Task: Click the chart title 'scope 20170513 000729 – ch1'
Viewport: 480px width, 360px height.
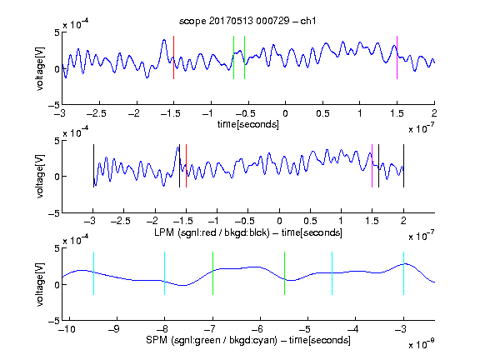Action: click(x=247, y=21)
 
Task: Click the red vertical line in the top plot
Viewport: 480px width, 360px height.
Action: click(x=174, y=57)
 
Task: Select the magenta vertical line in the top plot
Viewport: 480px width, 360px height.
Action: click(x=397, y=57)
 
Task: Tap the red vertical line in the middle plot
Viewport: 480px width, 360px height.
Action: click(x=186, y=166)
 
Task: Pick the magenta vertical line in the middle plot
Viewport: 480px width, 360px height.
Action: click(x=372, y=166)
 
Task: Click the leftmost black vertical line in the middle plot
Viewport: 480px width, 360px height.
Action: click(x=93, y=166)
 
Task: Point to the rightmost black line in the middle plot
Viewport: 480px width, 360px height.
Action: click(x=403, y=166)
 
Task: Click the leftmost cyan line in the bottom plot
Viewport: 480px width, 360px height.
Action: click(x=93, y=273)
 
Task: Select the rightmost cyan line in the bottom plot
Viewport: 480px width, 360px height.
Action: click(x=403, y=273)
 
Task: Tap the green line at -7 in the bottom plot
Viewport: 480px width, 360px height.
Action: click(x=212, y=273)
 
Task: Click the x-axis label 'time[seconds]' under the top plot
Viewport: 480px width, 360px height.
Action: click(x=248, y=124)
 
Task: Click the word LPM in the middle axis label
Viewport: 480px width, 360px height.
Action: click(x=164, y=232)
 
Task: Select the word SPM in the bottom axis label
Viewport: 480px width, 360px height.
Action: click(x=157, y=340)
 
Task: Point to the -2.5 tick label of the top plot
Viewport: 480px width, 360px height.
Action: click(x=97, y=113)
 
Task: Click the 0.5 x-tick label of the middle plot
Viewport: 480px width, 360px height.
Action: click(x=310, y=221)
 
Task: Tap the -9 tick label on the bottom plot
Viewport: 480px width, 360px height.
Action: click(x=114, y=329)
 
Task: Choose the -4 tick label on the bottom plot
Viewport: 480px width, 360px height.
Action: click(x=352, y=329)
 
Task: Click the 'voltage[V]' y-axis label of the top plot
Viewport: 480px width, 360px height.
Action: click(x=40, y=68)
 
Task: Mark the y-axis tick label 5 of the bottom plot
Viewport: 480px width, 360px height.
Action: click(x=57, y=248)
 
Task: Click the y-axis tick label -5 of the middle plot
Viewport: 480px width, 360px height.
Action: click(x=54, y=213)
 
